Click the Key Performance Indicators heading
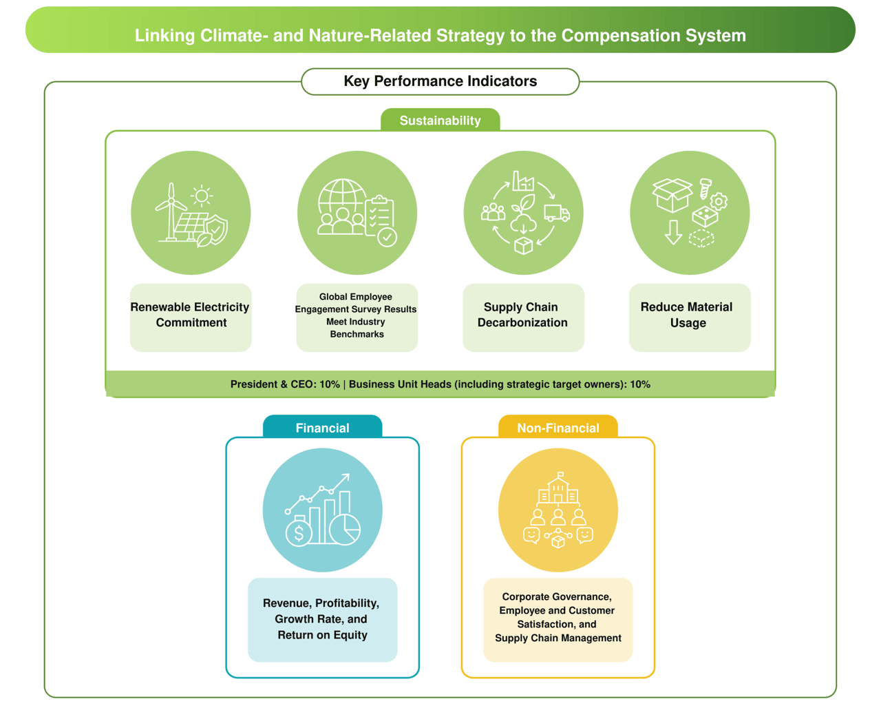coord(440,81)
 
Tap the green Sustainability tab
coord(440,120)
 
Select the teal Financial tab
coord(323,427)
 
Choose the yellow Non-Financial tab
coord(558,427)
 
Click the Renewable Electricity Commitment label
coord(191,315)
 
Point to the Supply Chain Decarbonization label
coord(523,315)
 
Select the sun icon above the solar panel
coord(202,196)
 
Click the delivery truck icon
coord(557,213)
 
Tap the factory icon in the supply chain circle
coord(523,180)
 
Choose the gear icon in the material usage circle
coord(719,202)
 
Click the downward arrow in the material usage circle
coord(673,232)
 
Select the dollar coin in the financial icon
coord(299,534)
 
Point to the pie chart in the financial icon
coord(345,530)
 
